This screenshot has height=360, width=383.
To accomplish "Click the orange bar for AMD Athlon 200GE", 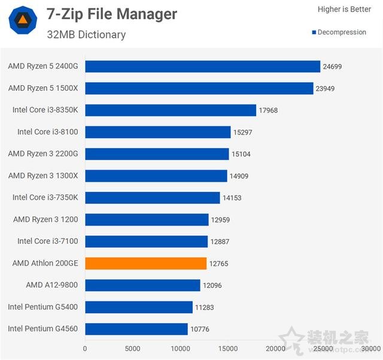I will tap(145, 263).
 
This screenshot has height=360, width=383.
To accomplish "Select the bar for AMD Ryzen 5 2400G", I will tap(202, 66).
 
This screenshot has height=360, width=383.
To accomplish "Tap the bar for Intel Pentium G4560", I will tap(136, 329).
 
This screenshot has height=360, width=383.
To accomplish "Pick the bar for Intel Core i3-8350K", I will tap(171, 110).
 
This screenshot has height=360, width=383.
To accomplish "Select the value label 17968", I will tap(269, 110).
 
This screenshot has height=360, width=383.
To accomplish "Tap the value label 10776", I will tap(200, 329).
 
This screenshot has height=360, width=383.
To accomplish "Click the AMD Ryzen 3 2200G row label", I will tap(43, 154).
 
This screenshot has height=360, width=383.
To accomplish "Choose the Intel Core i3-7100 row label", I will tap(48, 241).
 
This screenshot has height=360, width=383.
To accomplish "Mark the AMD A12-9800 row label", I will tap(52, 285).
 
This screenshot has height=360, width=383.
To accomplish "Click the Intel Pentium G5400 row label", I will tap(43, 307).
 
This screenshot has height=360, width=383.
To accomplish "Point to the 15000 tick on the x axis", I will tap(228, 348).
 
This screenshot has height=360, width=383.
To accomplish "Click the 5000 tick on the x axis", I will tap(132, 348).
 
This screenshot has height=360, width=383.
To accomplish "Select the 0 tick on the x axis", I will tap(85, 348).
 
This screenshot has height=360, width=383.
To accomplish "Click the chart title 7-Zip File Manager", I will tap(112, 14).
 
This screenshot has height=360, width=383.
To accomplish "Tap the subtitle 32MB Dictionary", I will tap(86, 35).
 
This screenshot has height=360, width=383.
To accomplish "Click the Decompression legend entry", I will tap(339, 32).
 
